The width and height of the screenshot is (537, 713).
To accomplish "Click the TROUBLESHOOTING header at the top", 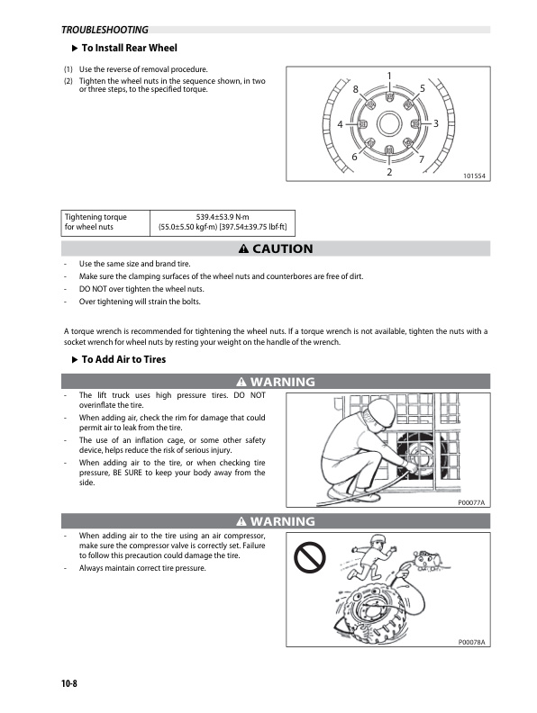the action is point(105,30).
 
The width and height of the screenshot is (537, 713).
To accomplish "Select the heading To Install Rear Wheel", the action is point(129,48).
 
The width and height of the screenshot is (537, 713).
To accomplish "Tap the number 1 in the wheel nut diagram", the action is point(389,76).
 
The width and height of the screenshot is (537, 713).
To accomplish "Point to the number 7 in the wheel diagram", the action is point(422,159).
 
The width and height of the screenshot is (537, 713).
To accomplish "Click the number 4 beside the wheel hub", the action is point(340,124).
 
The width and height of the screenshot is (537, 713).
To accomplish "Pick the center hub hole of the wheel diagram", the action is point(389,123).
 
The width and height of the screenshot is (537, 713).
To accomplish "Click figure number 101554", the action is point(474,176).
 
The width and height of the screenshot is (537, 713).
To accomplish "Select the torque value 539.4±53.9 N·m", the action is point(223,217).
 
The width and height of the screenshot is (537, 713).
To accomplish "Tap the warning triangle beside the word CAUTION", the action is point(244,248).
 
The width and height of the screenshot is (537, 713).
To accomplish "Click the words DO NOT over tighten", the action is point(119,289).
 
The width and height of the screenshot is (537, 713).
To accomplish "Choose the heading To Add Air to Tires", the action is point(123,359).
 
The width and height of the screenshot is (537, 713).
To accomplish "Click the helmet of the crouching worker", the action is point(381,413).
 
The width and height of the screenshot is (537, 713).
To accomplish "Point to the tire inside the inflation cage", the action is point(419,455).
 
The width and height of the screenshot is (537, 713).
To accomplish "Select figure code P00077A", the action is point(471,502).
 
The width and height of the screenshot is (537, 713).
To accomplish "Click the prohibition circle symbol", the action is point(310,557).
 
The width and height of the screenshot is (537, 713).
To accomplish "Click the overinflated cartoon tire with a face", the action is point(373,610).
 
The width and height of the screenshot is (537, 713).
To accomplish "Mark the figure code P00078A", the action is point(471,642).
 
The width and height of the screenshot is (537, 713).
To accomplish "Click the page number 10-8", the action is point(69,683).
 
